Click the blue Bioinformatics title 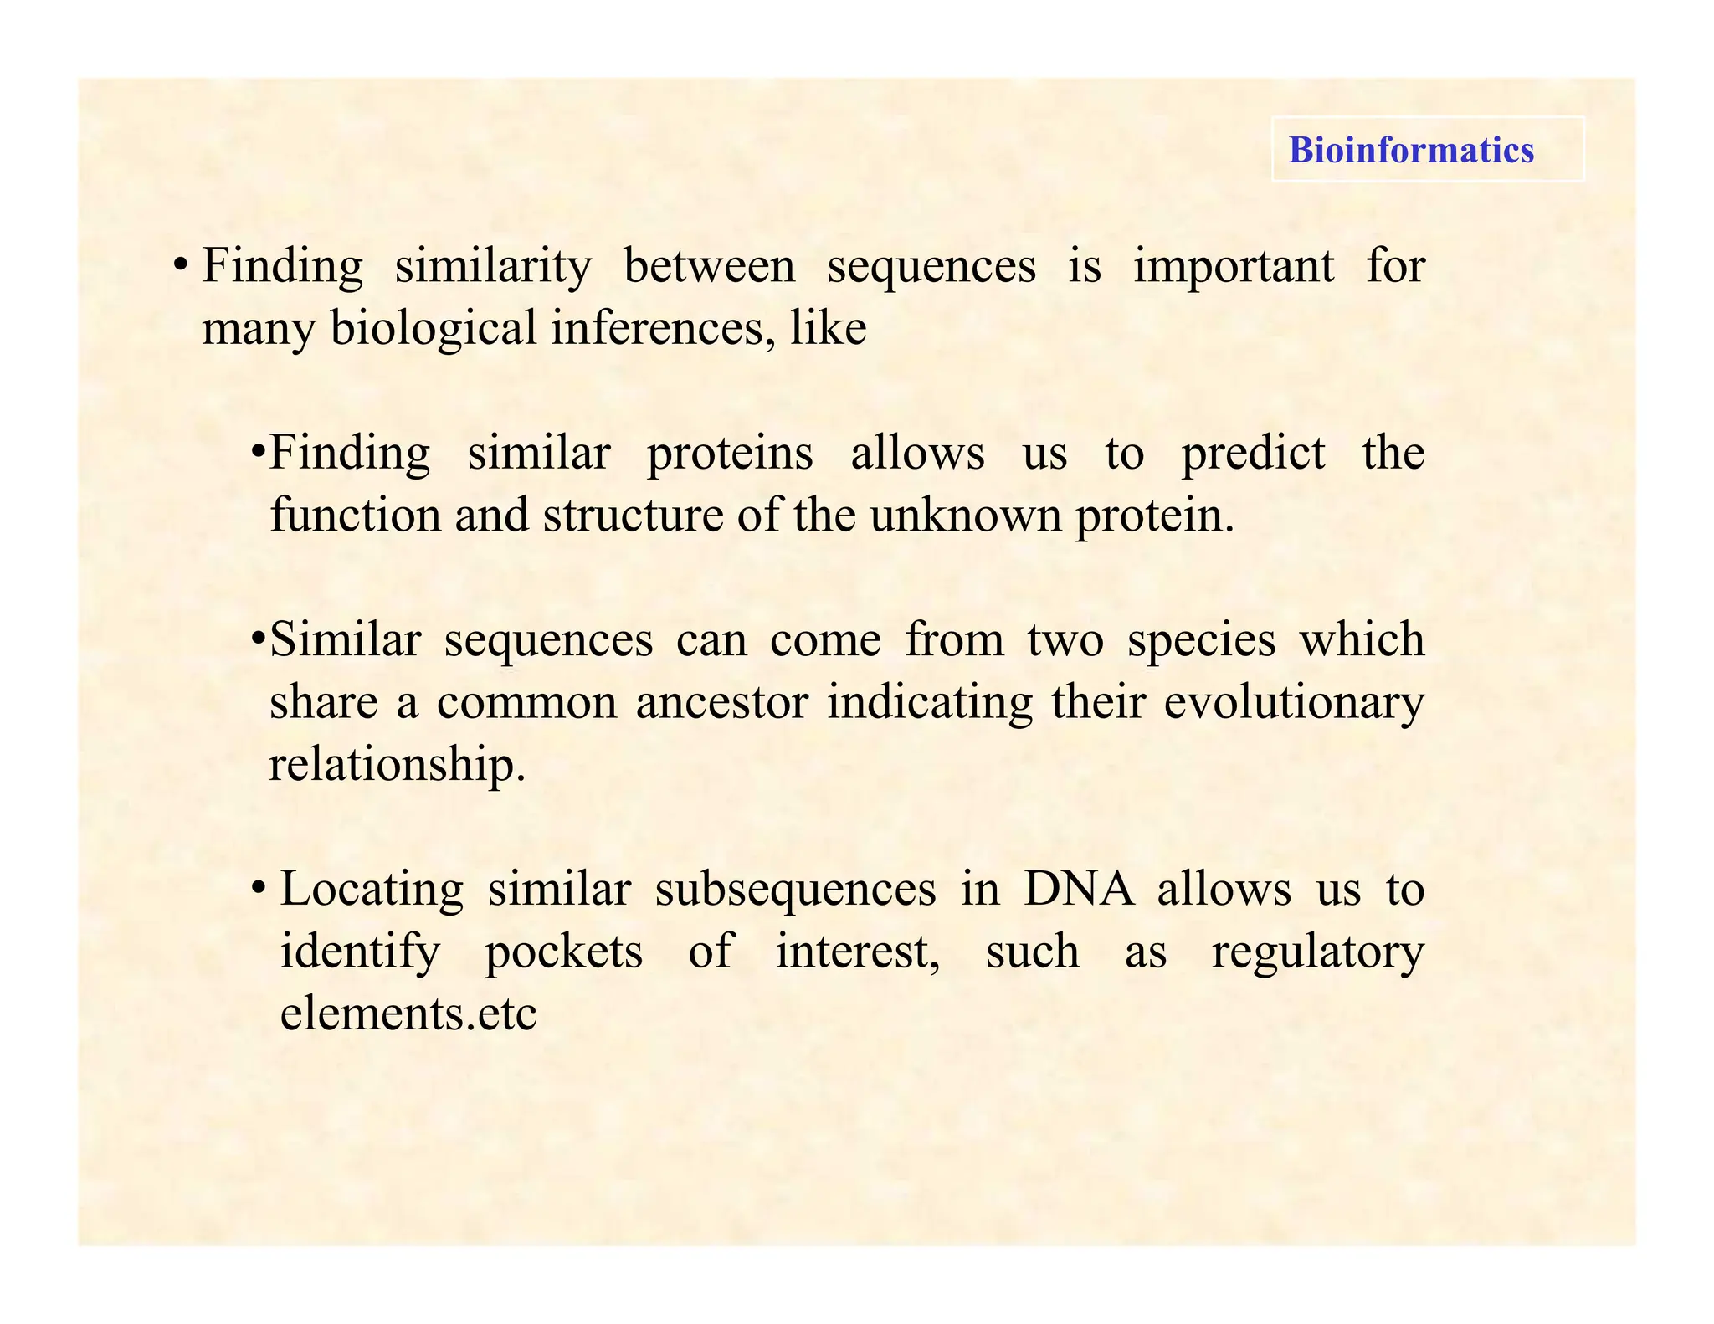coord(1411,150)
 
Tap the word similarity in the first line coord(493,267)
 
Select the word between coord(710,267)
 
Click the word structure coord(633,515)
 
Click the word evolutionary coord(1294,703)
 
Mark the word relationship coord(398,764)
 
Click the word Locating coord(372,890)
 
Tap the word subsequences coord(795,890)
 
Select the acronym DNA coord(1079,889)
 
